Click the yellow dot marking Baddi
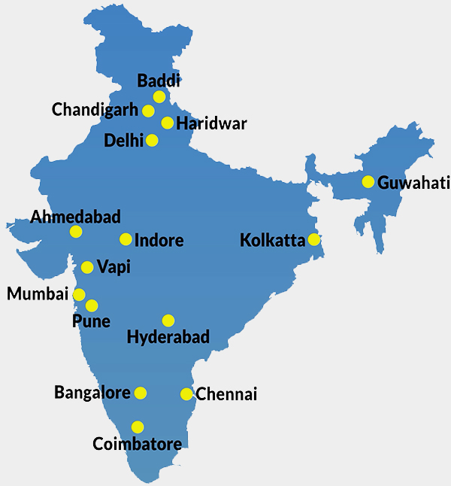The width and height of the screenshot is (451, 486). [x=159, y=97]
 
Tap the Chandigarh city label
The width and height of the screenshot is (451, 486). [x=95, y=110]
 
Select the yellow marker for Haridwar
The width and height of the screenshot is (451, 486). [x=168, y=123]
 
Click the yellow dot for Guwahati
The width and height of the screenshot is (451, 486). [x=368, y=181]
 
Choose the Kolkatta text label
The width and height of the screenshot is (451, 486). [x=272, y=241]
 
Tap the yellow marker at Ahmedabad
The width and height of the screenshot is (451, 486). [x=75, y=232]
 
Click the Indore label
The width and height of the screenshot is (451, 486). [x=159, y=241]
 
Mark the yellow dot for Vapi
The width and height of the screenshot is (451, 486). [x=87, y=267]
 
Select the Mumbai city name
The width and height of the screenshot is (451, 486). [x=38, y=293]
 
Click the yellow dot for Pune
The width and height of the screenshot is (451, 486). [x=92, y=305]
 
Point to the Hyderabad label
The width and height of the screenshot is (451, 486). [x=168, y=336]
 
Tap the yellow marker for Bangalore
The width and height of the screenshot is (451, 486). [x=140, y=393]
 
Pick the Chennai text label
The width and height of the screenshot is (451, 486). [x=226, y=394]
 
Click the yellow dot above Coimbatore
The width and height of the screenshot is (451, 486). [x=138, y=427]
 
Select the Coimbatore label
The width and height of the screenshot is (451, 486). [x=137, y=444]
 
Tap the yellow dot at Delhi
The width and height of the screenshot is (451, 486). [x=152, y=140]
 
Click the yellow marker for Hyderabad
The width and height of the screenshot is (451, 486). [x=168, y=320]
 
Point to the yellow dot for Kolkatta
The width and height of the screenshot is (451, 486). [x=313, y=240]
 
